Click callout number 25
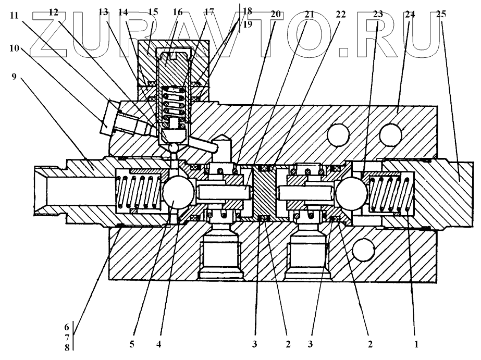(x=440, y=14)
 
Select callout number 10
(x=14, y=48)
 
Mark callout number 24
(x=410, y=14)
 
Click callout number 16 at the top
(x=178, y=11)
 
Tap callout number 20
(x=275, y=14)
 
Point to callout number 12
(x=54, y=11)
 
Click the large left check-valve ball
(x=178, y=193)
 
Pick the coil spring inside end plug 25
(x=391, y=194)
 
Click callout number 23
(x=377, y=14)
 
